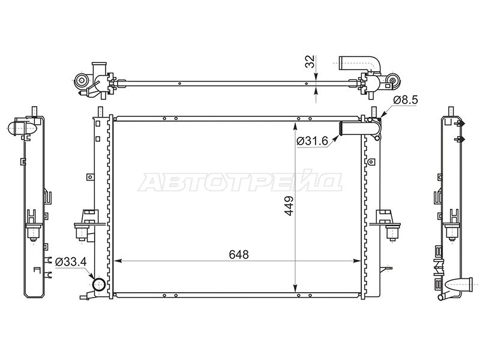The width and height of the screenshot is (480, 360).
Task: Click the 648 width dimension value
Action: [x=239, y=254]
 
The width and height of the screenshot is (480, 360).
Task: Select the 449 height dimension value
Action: [x=289, y=206]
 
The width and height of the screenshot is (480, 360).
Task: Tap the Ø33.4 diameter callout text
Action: [x=71, y=262]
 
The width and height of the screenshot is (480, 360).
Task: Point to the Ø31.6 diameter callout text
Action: [x=312, y=141]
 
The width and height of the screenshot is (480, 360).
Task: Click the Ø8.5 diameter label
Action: [x=406, y=100]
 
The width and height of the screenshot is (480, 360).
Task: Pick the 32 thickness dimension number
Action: [x=310, y=62]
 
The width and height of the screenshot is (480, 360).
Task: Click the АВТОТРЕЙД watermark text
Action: [x=240, y=182]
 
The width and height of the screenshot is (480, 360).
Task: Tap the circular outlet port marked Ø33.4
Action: [x=99, y=284]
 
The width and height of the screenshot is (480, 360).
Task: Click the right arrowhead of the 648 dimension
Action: [x=356, y=261]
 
